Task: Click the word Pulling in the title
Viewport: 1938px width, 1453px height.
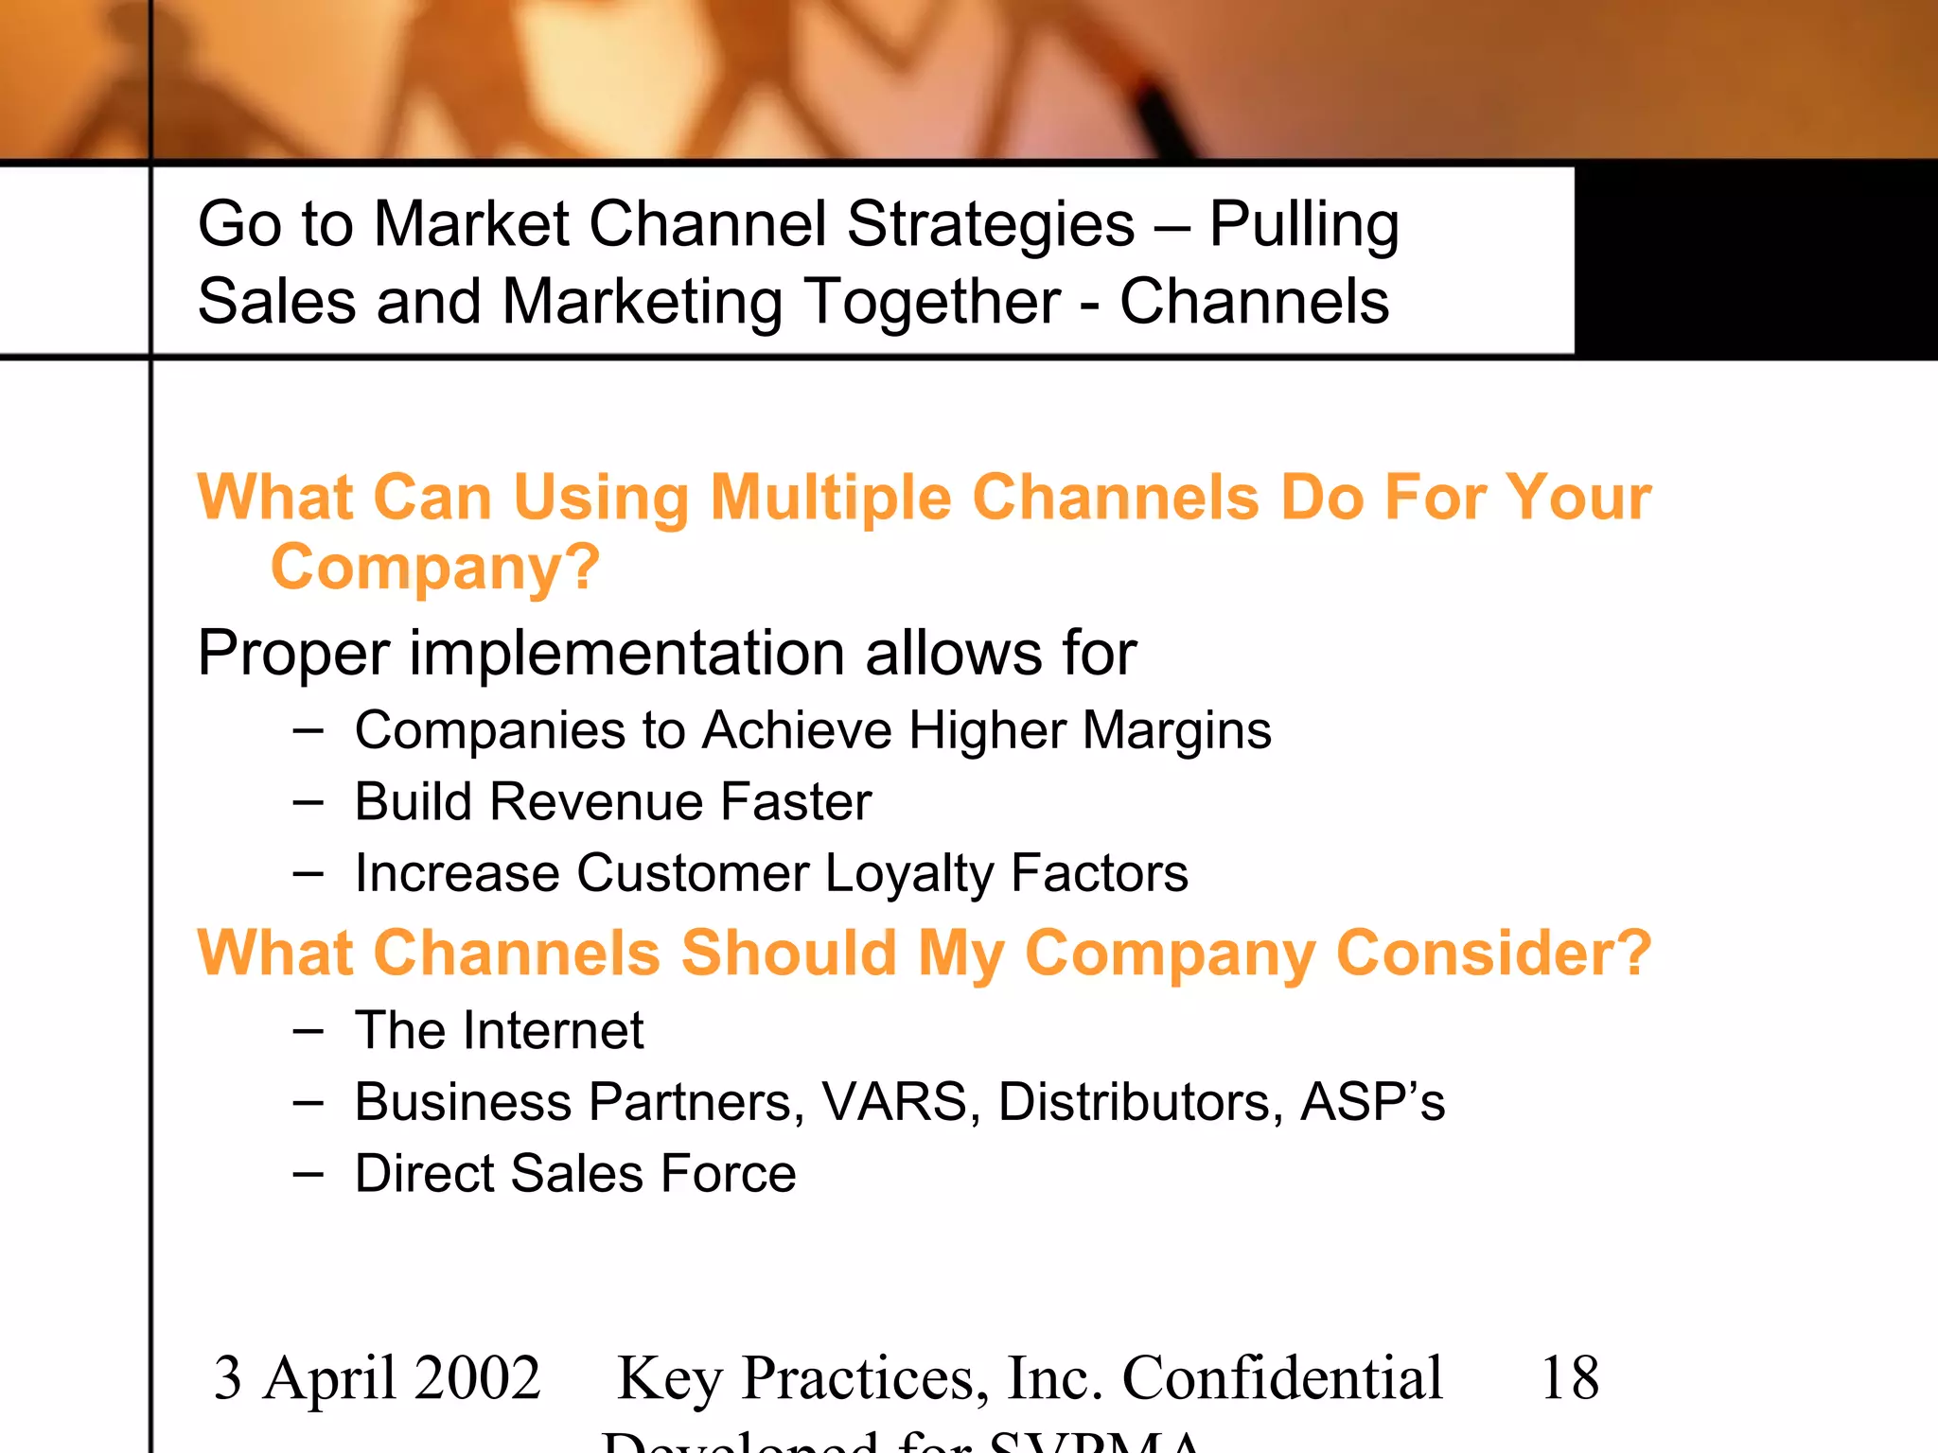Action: [x=1303, y=225]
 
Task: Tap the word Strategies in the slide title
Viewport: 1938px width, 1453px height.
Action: [x=990, y=224]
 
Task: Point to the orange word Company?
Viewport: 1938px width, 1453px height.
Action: [x=435, y=567]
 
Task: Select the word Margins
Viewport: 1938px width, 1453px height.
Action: [x=1176, y=730]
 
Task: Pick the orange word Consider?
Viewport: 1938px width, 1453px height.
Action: [x=1493, y=953]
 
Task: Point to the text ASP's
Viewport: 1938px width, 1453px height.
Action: [x=1372, y=1102]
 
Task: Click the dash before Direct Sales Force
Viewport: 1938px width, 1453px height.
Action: [x=308, y=1174]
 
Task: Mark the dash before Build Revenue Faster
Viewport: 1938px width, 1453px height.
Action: [x=308, y=803]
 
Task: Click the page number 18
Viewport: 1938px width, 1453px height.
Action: [x=1569, y=1377]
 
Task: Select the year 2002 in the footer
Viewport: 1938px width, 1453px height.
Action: [x=477, y=1377]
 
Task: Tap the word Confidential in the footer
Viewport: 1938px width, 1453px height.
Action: [x=1282, y=1377]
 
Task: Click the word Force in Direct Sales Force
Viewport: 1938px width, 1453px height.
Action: [x=728, y=1174]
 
